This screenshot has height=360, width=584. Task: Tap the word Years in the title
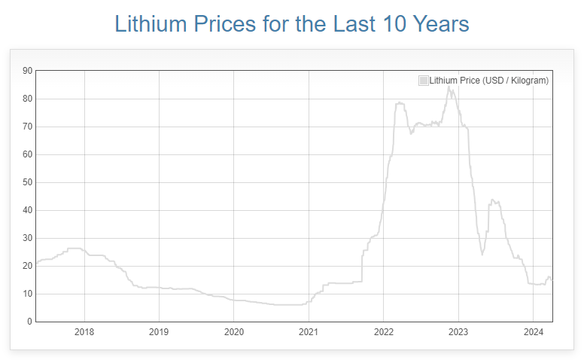pos(440,23)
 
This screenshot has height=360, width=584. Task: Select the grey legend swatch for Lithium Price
pos(423,81)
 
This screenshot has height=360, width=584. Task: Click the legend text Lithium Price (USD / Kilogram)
pos(488,81)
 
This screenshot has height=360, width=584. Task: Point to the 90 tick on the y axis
pos(27,71)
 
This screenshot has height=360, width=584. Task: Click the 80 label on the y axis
pos(27,99)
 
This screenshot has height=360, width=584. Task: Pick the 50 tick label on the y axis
pos(27,182)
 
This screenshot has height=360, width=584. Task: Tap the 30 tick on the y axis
pos(27,238)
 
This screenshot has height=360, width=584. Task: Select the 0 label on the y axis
pos(29,322)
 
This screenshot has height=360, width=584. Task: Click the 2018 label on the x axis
pos(84,331)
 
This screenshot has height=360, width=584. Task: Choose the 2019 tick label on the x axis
pos(159,331)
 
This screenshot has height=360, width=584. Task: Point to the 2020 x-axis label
pos(233,331)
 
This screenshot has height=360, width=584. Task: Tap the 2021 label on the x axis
pos(309,331)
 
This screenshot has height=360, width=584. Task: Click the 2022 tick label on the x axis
pos(383,331)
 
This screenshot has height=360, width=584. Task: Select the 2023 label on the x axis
pos(458,331)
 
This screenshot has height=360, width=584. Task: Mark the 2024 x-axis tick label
pos(533,331)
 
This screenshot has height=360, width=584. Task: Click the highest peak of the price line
pos(449,87)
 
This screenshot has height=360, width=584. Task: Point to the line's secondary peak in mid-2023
pos(492,200)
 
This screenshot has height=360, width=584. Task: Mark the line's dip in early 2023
pos(482,255)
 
